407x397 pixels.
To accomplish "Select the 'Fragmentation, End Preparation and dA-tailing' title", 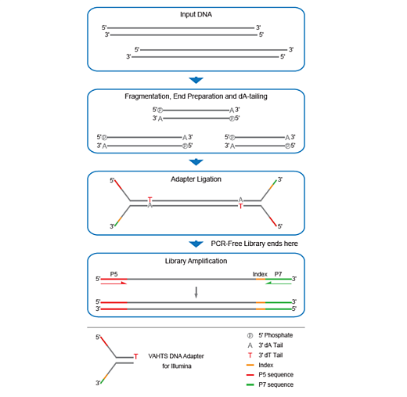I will pyautogui.click(x=196, y=97).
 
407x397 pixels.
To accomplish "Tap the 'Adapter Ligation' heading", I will pyautogui.click(x=196, y=179).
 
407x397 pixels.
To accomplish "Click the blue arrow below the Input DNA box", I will pyautogui.click(x=196, y=80).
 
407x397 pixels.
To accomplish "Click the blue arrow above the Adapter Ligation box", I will pyautogui.click(x=196, y=161).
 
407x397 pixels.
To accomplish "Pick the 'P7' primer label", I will pyautogui.click(x=279, y=274).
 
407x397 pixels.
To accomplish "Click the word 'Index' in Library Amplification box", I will pyautogui.click(x=260, y=274).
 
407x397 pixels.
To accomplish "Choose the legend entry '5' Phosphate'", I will pyautogui.click(x=277, y=334).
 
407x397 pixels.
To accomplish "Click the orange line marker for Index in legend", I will pyautogui.click(x=249, y=364).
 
